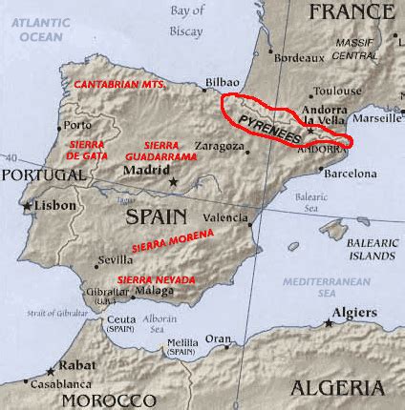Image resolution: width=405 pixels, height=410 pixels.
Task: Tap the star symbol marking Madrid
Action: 174,181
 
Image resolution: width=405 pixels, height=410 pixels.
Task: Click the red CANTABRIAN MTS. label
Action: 121,85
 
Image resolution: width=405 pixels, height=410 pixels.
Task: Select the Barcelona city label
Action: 352,174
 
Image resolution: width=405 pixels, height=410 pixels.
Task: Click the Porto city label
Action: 78,125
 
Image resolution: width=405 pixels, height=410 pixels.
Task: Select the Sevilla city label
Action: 116,260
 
